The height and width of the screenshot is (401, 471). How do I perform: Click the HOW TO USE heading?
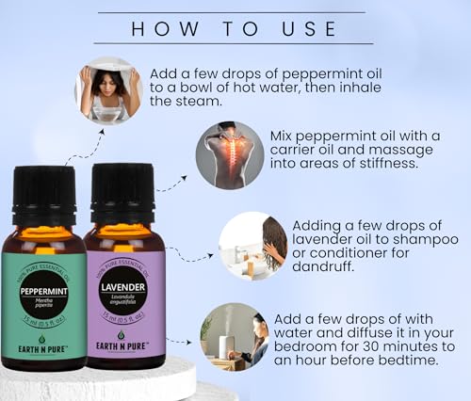(235, 27)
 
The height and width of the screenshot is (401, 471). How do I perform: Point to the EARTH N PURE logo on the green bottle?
(43, 351)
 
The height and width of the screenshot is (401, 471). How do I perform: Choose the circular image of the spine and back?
(229, 154)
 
